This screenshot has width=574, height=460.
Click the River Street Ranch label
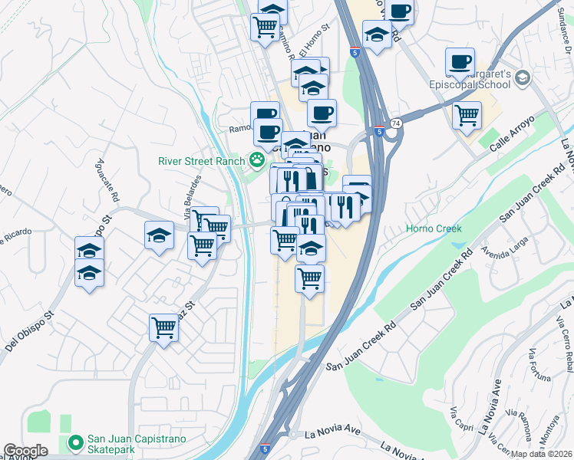pos(201,161)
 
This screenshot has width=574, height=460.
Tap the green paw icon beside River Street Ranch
pos(256,160)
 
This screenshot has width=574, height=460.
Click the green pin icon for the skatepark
pos(75,442)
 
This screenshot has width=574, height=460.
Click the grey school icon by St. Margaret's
pos(523,77)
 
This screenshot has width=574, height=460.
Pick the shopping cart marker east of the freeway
pos(467,117)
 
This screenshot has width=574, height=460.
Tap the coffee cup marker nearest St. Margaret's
pos(460,62)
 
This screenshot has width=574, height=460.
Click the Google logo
pos(25,451)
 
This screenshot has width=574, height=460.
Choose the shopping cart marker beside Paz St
pos(163,329)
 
